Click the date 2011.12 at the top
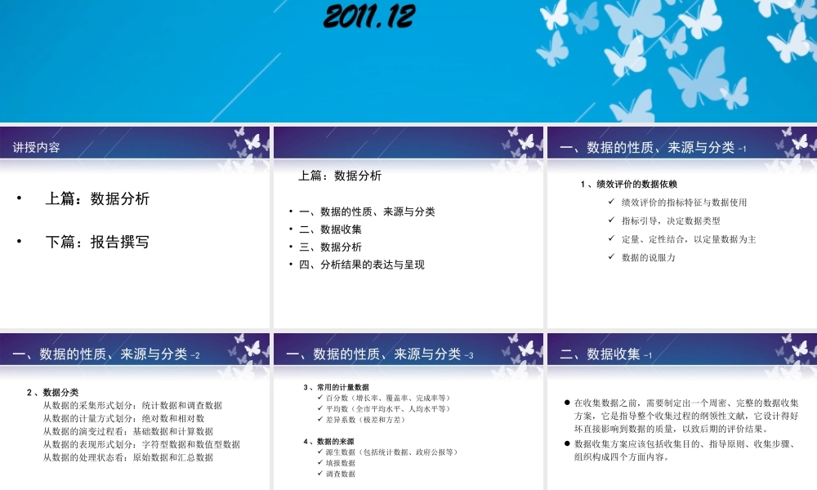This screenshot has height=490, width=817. click(x=369, y=16)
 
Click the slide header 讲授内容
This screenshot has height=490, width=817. click(x=37, y=148)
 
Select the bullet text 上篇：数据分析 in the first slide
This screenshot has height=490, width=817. click(x=97, y=198)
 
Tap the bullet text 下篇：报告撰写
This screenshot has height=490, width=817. click(x=97, y=242)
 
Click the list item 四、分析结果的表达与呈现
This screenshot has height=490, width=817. click(x=362, y=265)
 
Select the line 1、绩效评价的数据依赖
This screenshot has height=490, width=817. click(x=628, y=184)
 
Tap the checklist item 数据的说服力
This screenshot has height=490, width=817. click(x=649, y=257)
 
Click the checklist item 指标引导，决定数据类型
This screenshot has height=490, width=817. click(x=671, y=220)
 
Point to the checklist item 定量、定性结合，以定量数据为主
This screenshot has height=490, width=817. click(x=689, y=239)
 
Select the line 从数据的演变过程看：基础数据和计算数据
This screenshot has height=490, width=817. click(x=127, y=431)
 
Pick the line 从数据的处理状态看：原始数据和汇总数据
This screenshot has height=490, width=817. click(x=127, y=457)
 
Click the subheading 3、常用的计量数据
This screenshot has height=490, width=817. click(x=336, y=386)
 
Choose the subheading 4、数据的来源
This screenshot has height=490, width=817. click(x=328, y=441)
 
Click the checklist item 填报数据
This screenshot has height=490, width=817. click(x=340, y=462)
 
